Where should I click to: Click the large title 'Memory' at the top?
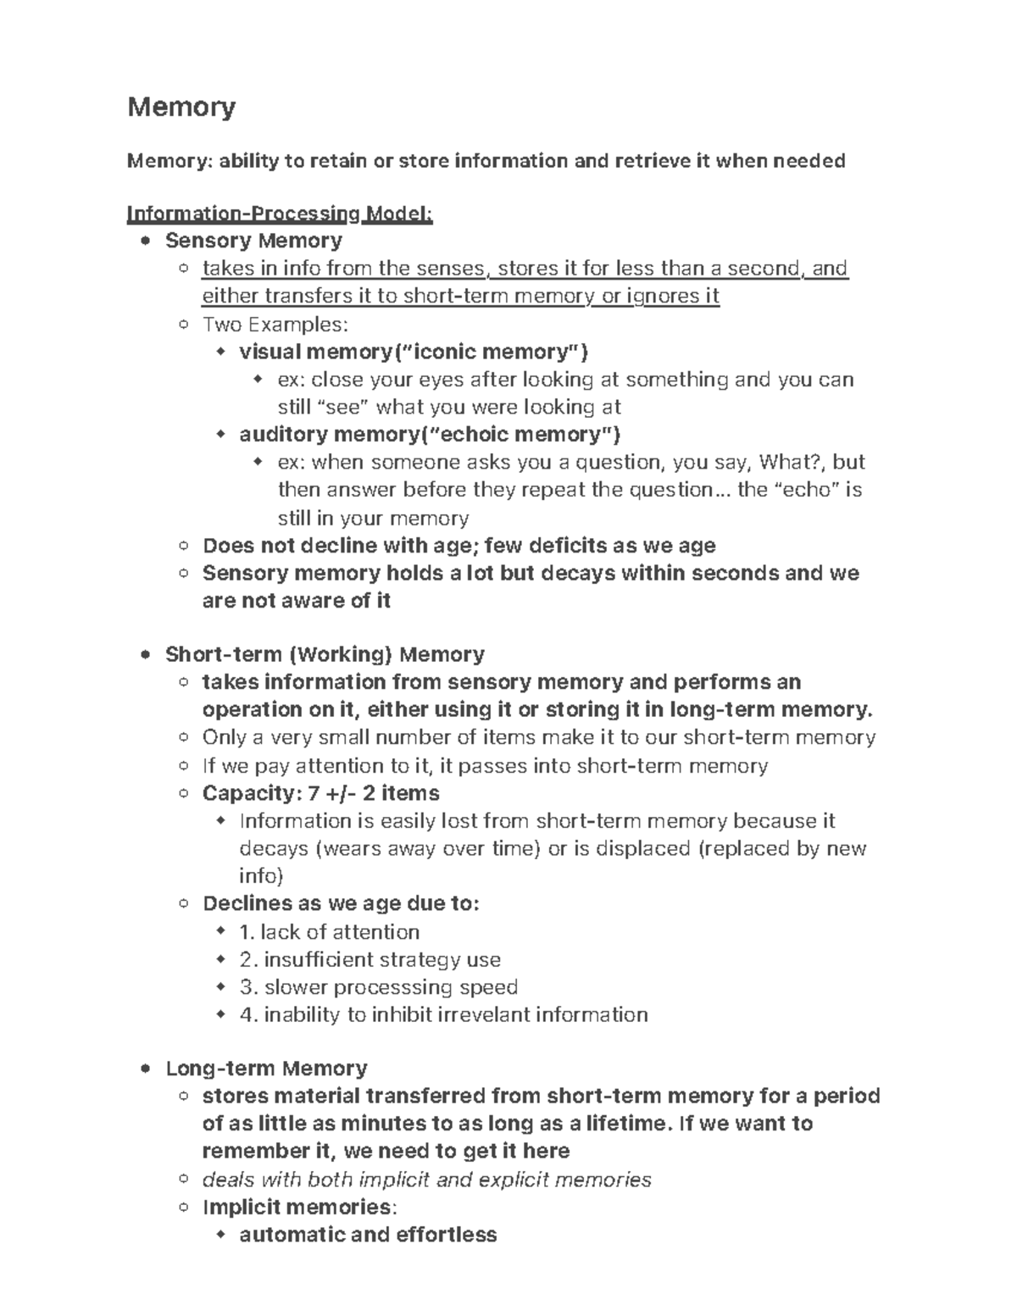(x=181, y=108)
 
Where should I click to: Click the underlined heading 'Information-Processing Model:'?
(x=280, y=214)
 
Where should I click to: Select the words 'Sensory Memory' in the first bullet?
(x=253, y=241)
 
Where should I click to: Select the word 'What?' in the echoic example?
(x=791, y=463)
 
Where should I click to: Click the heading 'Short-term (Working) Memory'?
(x=325, y=654)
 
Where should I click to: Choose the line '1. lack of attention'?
(x=329, y=932)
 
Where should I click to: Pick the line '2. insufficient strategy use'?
(x=370, y=960)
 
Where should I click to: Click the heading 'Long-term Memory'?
(x=266, y=1068)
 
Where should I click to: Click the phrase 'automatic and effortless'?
(x=368, y=1235)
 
